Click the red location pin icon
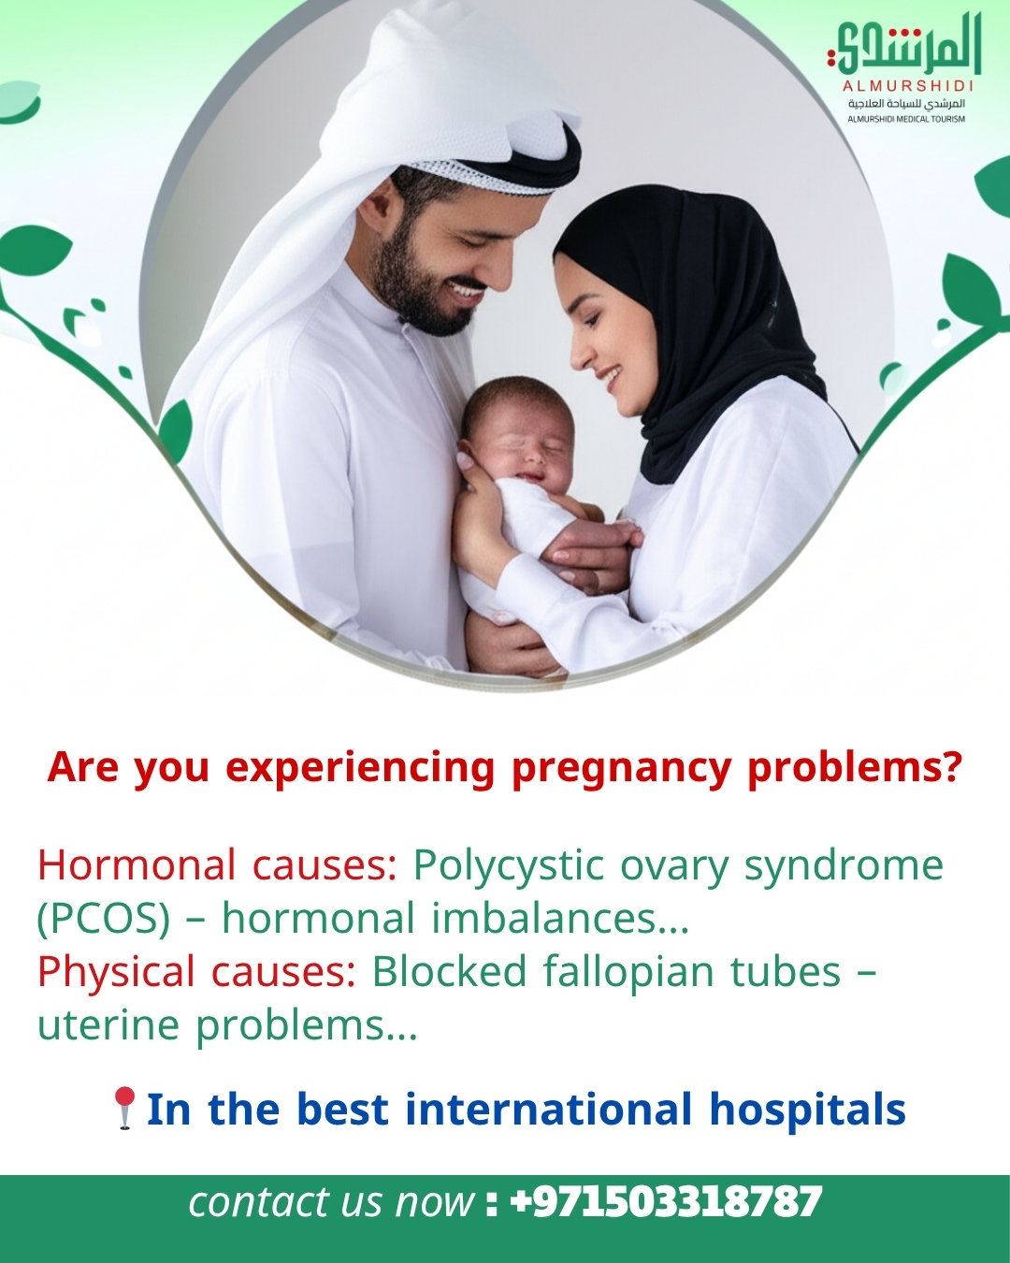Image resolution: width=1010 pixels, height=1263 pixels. [124, 1108]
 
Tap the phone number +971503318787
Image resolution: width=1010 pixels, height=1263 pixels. [666, 1202]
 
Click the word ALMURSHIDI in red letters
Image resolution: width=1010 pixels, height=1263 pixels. [908, 86]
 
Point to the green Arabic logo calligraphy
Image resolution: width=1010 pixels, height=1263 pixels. [904, 47]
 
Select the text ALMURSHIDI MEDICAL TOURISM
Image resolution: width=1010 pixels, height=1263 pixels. [906, 119]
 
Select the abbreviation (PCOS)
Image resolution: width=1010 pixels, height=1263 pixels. [103, 919]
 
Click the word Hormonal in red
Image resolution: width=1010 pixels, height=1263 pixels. [137, 864]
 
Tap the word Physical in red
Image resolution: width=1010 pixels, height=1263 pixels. [116, 972]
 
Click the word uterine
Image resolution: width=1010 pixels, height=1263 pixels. [108, 1024]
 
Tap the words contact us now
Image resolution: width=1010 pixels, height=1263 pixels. [331, 1203]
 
